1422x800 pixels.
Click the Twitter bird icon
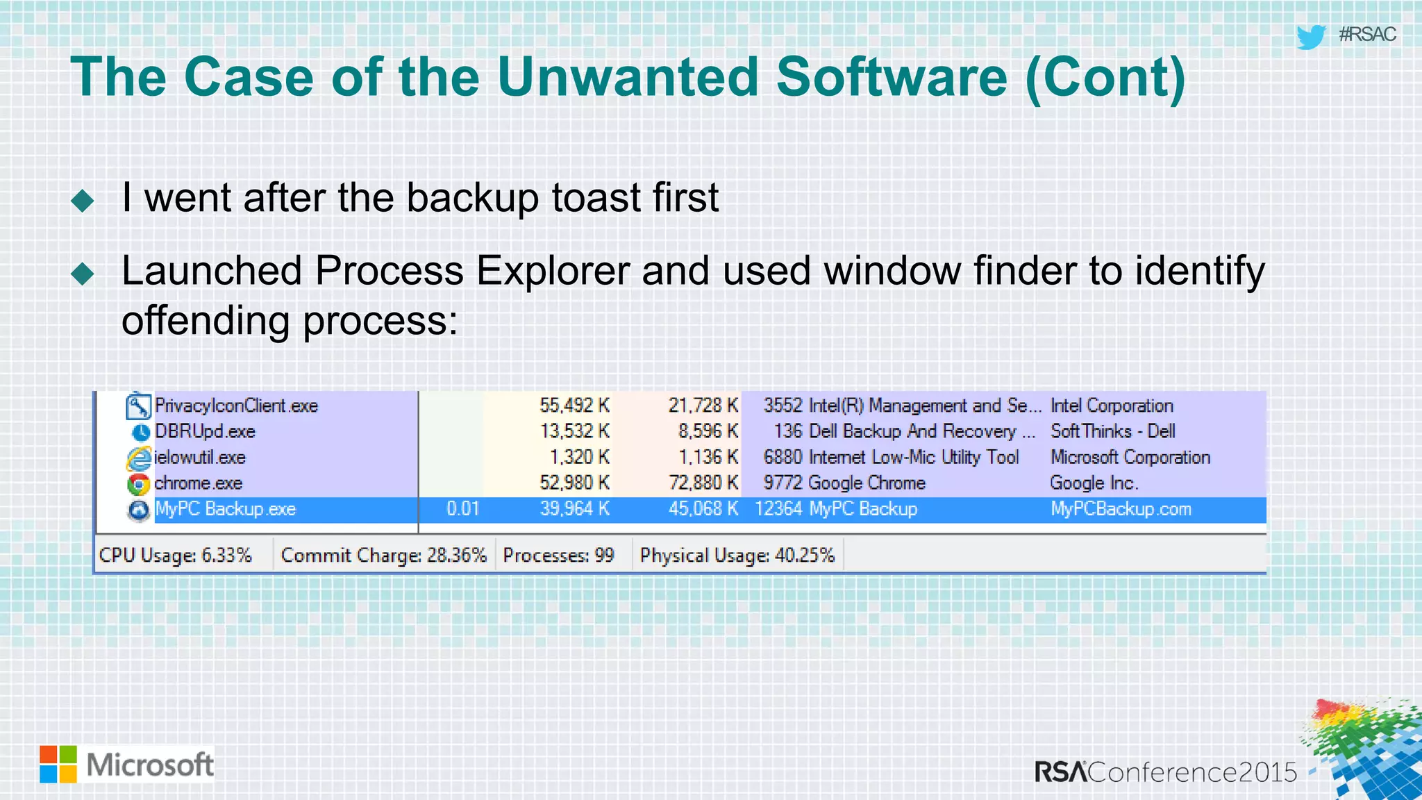pos(1311,36)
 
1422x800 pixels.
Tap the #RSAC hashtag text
pos(1366,34)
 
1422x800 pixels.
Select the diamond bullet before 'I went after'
pos(83,201)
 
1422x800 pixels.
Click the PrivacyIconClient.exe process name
pos(236,406)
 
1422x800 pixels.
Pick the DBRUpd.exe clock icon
pos(140,432)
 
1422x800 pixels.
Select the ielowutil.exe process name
pos(200,458)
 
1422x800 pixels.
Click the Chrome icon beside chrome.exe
pos(139,484)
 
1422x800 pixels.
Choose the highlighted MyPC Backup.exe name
pos(225,509)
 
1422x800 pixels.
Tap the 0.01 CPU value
pos(462,509)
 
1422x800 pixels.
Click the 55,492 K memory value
pos(574,406)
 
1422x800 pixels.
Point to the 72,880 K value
pos(703,483)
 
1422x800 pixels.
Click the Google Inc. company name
pos(1094,483)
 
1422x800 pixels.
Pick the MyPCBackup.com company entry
pos(1121,509)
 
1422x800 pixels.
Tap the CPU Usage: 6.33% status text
pos(175,556)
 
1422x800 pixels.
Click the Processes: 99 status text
pos(558,556)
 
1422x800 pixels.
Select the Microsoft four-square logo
pos(58,765)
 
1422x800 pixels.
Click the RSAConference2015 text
pos(1166,772)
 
